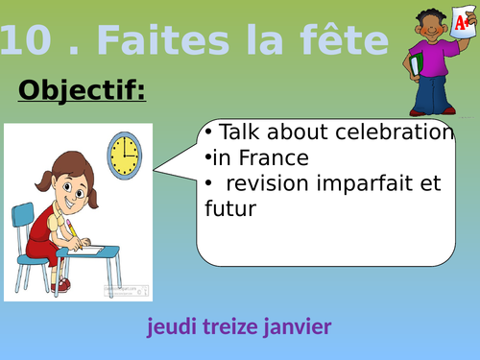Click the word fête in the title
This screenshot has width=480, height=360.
pyautogui.click(x=341, y=41)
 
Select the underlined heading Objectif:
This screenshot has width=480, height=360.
pyautogui.click(x=82, y=91)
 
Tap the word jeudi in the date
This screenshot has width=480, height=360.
pyautogui.click(x=171, y=327)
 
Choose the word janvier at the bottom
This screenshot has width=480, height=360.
pyautogui.click(x=297, y=327)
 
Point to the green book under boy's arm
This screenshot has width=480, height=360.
pyautogui.click(x=415, y=64)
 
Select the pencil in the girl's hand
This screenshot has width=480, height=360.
pyautogui.click(x=70, y=228)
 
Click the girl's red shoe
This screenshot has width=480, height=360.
pyautogui.click(x=62, y=284)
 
